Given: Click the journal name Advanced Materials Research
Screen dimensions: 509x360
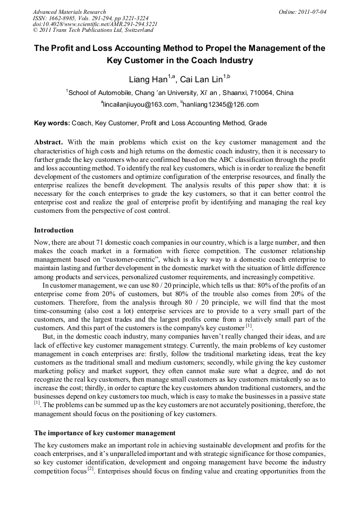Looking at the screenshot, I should pyautogui.click(x=69, y=12).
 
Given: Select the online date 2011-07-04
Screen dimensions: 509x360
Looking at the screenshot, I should pyautogui.click(x=311, y=12).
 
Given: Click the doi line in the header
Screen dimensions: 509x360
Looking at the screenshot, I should pyautogui.click(x=95, y=24).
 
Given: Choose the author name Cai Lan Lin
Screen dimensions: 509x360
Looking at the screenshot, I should pyautogui.click(x=201, y=80).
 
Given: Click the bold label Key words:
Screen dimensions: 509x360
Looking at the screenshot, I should pyautogui.click(x=52, y=123).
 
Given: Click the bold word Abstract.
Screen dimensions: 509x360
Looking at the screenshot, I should pyautogui.click(x=48, y=142).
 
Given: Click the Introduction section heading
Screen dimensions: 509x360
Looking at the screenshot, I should pyautogui.click(x=54, y=230).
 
